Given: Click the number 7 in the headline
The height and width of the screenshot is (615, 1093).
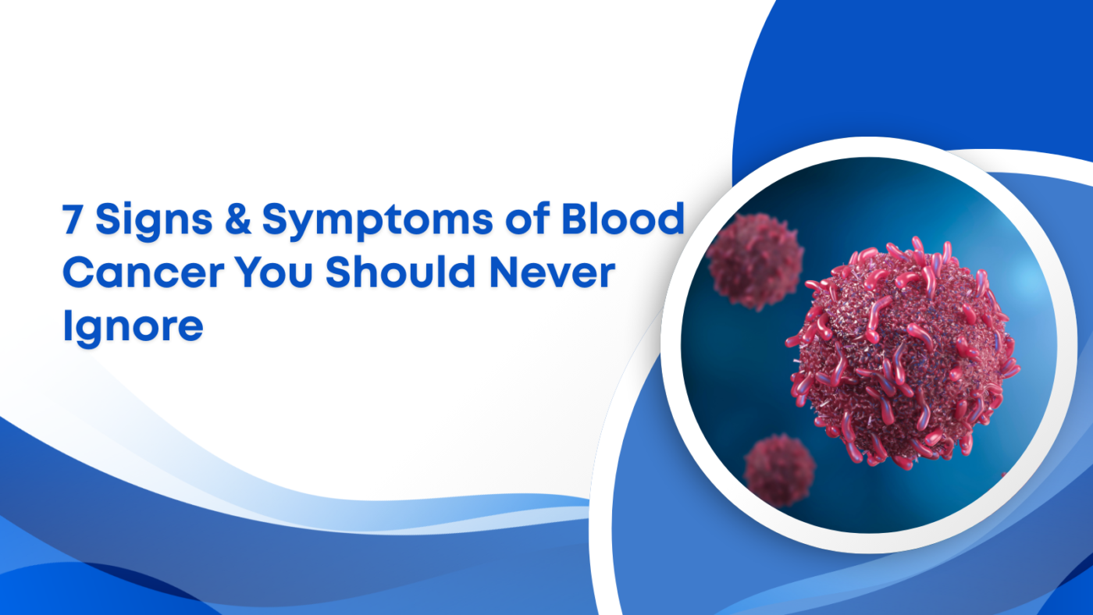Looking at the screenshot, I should (x=72, y=221).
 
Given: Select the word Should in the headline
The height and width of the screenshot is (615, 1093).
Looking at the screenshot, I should (x=393, y=273).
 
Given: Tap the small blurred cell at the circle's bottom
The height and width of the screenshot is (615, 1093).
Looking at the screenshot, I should (x=779, y=470).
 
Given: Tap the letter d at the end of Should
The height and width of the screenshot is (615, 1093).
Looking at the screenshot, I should (x=458, y=273).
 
